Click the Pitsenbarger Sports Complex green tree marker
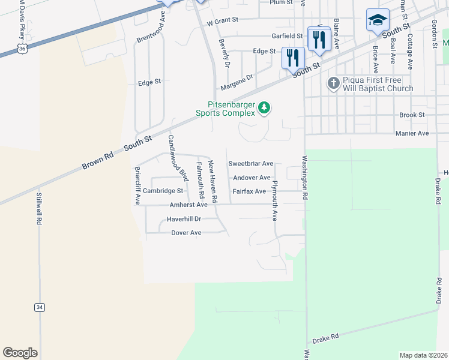coord(264,108)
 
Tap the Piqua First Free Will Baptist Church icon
coord(334,83)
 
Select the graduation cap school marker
coord(378,20)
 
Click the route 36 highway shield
coord(22,46)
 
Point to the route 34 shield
coord(40,307)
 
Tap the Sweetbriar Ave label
coord(251,163)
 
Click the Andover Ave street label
coord(252,178)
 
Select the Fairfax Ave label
coord(249,191)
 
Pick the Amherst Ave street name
coord(188,205)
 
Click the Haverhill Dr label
coord(184,219)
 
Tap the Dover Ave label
coord(186,233)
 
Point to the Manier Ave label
coord(412,133)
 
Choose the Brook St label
coord(412,115)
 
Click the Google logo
coord(20,353)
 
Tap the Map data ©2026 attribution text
coord(423,355)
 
